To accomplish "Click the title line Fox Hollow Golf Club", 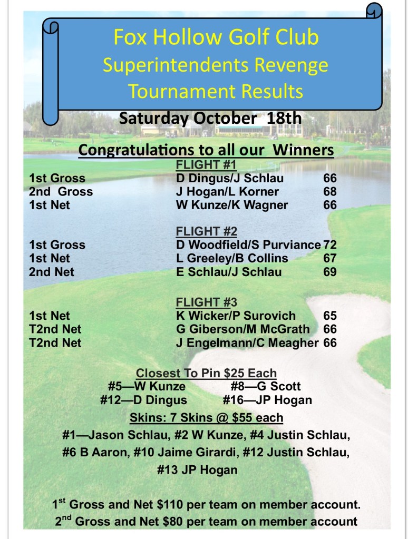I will (216, 38).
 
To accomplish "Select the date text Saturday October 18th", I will (210, 117).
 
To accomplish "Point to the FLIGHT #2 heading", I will (206, 231).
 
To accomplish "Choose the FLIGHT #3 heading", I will (206, 302).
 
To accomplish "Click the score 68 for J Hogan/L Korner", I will (330, 192).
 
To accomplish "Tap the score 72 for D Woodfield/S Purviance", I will (331, 244).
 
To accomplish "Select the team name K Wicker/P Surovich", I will (236, 316).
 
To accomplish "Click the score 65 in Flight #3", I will (330, 316).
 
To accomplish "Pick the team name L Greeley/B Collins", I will (232, 258).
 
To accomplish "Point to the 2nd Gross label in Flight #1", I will (61, 192).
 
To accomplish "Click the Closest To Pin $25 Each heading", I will (206, 373).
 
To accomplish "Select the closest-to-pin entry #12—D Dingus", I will (143, 400).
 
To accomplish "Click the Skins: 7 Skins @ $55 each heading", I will (206, 418).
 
